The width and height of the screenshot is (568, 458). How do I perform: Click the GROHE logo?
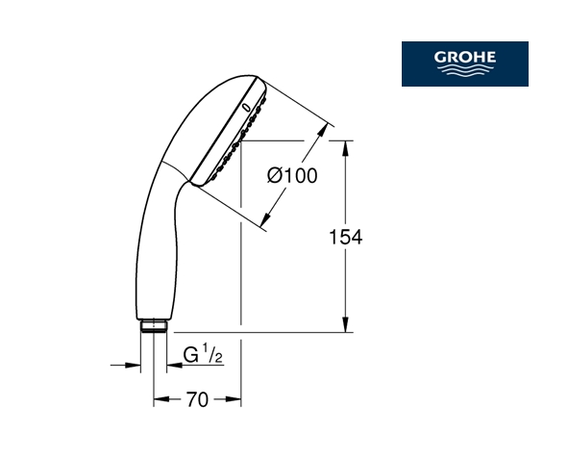click(465, 64)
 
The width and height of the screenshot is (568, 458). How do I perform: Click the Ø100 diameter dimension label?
click(292, 176)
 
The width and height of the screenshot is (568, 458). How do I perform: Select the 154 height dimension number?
click(345, 237)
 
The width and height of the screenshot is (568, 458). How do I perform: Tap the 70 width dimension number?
click(197, 399)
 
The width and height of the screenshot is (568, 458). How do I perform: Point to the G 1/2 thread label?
click(203, 354)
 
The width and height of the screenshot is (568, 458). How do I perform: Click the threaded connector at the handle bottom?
click(154, 326)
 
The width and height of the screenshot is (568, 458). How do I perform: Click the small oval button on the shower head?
click(246, 108)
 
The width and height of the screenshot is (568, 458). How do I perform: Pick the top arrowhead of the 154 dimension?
click(346, 149)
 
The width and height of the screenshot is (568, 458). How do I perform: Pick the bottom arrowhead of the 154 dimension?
click(346, 324)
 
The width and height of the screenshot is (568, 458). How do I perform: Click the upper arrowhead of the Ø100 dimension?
click(322, 132)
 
